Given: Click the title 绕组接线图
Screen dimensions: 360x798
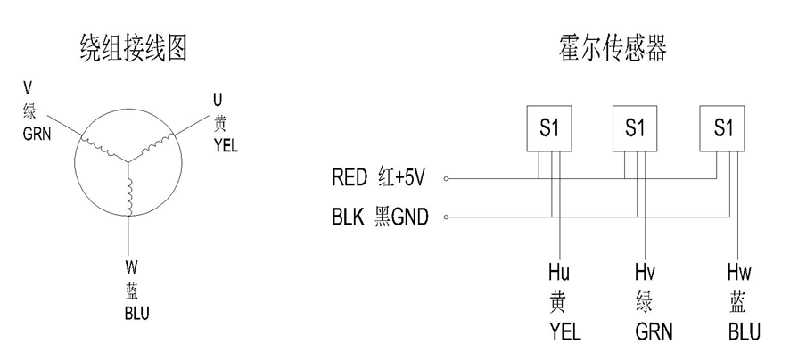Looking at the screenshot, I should click(x=130, y=45).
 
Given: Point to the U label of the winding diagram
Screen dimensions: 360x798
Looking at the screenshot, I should click(x=218, y=97).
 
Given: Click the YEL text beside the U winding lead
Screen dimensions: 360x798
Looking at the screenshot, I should click(x=226, y=144).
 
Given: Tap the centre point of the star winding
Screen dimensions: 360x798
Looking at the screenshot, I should click(x=130, y=161).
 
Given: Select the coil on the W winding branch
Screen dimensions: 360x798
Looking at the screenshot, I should click(x=130, y=199).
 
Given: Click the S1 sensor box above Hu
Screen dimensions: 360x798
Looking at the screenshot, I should click(x=548, y=128).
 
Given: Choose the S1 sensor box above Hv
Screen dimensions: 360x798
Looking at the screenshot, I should click(x=636, y=128).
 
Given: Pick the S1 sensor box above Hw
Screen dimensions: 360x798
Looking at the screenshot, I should click(x=723, y=128).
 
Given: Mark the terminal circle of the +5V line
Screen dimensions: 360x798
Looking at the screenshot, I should click(x=447, y=178).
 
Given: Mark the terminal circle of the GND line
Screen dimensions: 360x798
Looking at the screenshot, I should click(x=447, y=217).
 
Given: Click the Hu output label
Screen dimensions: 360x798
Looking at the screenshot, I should click(x=557, y=273).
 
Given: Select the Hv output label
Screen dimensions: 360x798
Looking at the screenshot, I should click(x=645, y=273).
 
